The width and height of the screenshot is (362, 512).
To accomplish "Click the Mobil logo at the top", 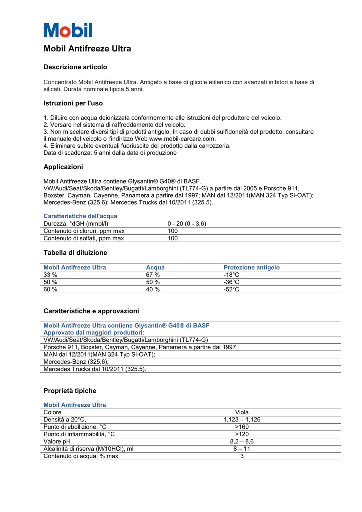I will pyautogui.click(x=68, y=30).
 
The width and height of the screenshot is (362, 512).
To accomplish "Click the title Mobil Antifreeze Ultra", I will pyautogui.click(x=87, y=49).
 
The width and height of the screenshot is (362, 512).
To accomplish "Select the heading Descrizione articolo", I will pyautogui.click(x=75, y=67).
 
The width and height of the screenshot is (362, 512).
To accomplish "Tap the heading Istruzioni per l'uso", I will pyautogui.click(x=73, y=103).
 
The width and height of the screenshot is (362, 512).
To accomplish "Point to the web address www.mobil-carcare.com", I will pyautogui.click(x=182, y=139).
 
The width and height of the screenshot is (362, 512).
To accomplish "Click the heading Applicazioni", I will pyautogui.click(x=63, y=167).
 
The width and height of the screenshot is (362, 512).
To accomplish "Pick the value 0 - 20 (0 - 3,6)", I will pyautogui.click(x=187, y=224).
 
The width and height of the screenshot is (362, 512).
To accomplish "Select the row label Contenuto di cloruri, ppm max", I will pyautogui.click(x=84, y=231).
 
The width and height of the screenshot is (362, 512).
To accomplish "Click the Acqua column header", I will pyautogui.click(x=155, y=268).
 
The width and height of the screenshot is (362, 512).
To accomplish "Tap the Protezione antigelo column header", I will pyautogui.click(x=251, y=268).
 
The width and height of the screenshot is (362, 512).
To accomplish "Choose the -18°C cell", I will pyautogui.click(x=231, y=275).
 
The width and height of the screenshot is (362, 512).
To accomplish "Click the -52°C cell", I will pyautogui.click(x=231, y=289).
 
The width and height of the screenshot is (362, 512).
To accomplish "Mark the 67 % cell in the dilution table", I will pyautogui.click(x=153, y=275).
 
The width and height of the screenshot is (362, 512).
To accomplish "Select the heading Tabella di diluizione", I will pyautogui.click(x=75, y=253).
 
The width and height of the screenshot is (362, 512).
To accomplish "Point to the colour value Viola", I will pyautogui.click(x=242, y=412).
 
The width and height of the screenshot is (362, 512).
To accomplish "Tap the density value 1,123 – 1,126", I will pyautogui.click(x=242, y=420).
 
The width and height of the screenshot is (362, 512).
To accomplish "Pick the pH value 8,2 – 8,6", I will pyautogui.click(x=242, y=442).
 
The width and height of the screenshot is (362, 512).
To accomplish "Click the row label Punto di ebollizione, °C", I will pyautogui.click(x=75, y=427).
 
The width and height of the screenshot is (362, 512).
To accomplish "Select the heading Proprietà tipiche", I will pyautogui.click(x=70, y=391).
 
